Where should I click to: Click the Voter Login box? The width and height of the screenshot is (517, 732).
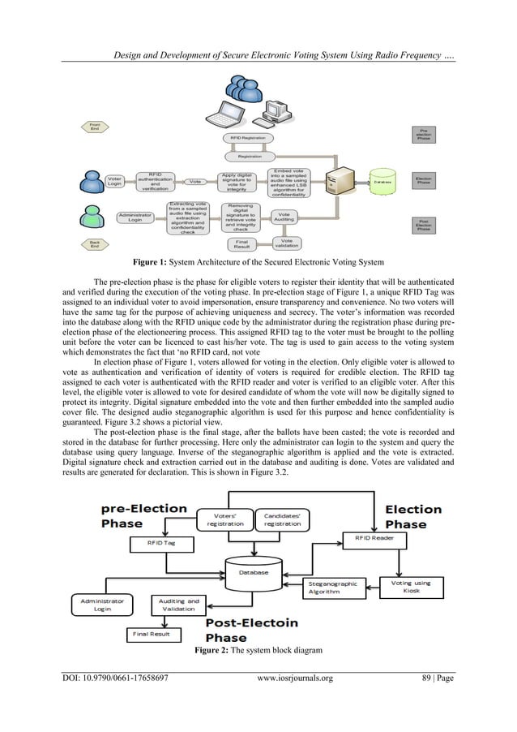pos(116,182)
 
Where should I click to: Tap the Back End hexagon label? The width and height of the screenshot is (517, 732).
pos(94,243)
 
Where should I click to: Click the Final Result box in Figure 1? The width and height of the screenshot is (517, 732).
pos(242,243)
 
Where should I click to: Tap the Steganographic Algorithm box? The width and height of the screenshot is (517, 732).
pos(334,588)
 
